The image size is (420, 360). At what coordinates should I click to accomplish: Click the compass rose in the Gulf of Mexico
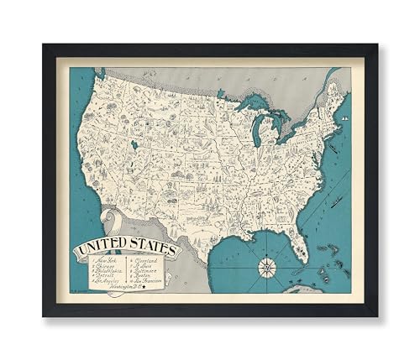click(x=265, y=268)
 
